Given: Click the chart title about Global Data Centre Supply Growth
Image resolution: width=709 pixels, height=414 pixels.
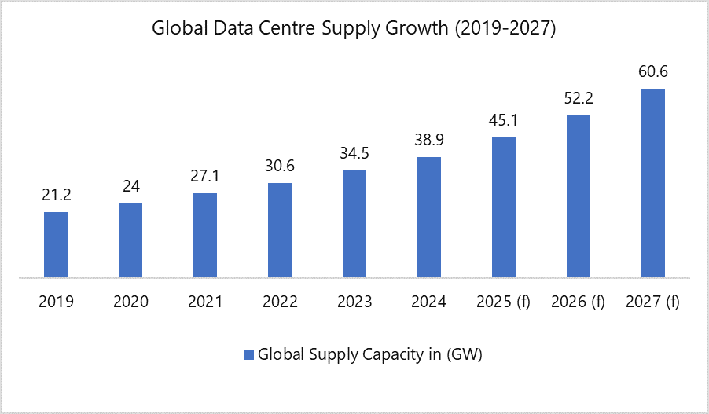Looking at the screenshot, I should tap(354, 29).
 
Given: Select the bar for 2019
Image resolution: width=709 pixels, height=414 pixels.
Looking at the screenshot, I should tap(56, 244).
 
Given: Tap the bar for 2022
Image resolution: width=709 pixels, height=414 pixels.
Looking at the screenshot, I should tap(280, 230).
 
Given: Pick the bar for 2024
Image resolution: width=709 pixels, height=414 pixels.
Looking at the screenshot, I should tap(429, 217).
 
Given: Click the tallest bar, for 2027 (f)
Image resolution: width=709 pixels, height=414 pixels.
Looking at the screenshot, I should tap(653, 183).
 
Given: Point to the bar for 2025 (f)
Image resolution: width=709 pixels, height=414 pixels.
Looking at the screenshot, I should tap(504, 207).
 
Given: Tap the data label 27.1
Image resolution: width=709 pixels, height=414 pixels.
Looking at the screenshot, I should tap(205, 178).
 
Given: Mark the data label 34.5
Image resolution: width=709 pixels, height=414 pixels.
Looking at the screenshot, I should tap(354, 154).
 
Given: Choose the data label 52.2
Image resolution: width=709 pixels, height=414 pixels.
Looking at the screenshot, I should tap(579, 99).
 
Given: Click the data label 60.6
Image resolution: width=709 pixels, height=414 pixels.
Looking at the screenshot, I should tap(653, 72).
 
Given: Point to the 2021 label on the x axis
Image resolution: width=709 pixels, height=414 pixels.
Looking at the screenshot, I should tap(205, 302).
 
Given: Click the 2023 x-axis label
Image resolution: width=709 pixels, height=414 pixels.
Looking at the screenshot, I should tap(354, 302).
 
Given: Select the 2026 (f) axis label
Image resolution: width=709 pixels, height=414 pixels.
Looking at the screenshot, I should tap(579, 302).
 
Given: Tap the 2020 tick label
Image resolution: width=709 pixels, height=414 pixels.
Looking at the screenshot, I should tap(130, 302).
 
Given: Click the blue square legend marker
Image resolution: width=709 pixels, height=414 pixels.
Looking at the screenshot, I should tap(248, 354).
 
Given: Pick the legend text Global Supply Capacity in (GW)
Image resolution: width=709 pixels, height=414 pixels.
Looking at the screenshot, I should tap(369, 354).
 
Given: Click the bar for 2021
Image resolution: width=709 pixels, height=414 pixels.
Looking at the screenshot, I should tap(205, 235).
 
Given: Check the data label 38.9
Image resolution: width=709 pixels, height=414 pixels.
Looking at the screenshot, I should tap(429, 141).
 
